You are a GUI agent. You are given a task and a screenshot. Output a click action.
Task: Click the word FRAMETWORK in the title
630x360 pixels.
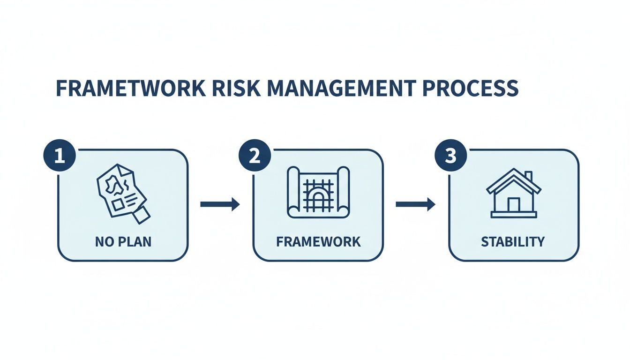click(x=131, y=88)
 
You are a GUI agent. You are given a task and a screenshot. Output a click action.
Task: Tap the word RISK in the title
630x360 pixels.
click(x=236, y=88)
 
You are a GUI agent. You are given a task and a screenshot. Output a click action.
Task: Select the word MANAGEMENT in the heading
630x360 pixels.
click(x=341, y=88)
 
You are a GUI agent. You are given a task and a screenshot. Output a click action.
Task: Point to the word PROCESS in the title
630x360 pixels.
click(x=471, y=88)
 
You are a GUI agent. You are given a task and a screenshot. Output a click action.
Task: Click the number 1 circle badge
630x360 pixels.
click(x=60, y=155)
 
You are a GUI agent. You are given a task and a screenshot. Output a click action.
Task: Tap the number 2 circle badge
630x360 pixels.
click(x=255, y=155)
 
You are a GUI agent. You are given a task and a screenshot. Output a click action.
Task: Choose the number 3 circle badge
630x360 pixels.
click(x=450, y=155)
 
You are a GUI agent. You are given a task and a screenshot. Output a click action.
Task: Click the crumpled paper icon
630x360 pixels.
click(x=123, y=194)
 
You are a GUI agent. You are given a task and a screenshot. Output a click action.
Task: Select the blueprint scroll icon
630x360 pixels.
click(x=318, y=192)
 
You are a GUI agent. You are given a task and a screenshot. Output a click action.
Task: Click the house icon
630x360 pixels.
click(x=514, y=193)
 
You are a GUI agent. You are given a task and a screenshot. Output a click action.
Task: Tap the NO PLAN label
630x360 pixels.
click(x=123, y=242)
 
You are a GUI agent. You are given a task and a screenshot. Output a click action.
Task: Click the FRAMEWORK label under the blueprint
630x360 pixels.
click(x=318, y=242)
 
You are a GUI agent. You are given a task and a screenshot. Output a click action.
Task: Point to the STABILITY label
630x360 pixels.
click(x=513, y=242)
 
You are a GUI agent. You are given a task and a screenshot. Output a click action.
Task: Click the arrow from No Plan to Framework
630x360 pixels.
click(x=220, y=204)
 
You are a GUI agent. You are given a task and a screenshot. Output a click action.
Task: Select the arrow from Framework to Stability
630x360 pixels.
click(x=415, y=204)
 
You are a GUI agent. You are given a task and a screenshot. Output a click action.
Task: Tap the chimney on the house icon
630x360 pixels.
click(x=528, y=176)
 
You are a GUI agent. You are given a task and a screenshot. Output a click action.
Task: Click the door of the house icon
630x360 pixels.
click(x=514, y=205)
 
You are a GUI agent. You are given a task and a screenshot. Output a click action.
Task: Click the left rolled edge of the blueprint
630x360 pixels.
click(x=293, y=192)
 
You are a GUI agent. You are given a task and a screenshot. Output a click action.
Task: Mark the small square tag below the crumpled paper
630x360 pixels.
click(x=142, y=216)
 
